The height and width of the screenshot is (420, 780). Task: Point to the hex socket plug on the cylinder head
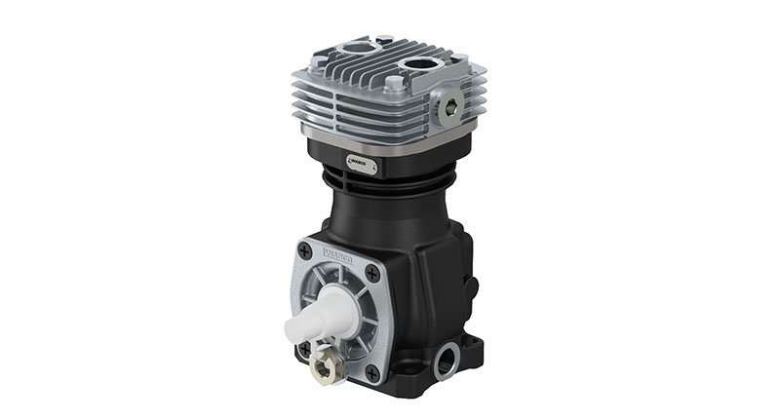(x=450, y=108)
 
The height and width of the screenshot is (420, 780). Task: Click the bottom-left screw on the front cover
(x=304, y=347)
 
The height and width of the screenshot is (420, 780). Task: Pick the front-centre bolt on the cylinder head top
(x=393, y=86)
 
